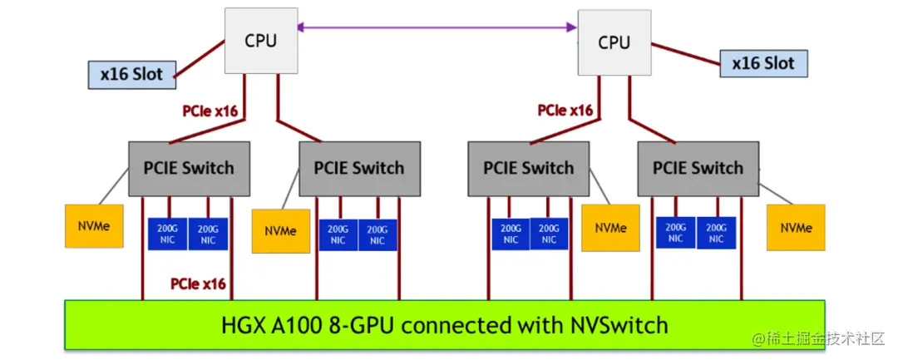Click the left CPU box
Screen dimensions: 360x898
pos(260,40)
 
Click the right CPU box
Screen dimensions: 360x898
pos(614,42)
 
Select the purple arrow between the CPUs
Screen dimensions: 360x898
pos(437,28)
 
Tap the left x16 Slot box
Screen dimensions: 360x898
pos(132,74)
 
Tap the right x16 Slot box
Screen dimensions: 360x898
pos(762,63)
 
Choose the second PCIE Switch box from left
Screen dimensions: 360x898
pos(358,168)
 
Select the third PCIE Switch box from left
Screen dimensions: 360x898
pos(528,168)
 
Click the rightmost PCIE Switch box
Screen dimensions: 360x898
pos(698,168)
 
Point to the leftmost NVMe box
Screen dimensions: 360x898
pos(88,226)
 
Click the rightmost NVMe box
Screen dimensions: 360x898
pos(796,227)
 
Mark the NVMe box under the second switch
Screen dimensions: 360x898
pos(280,230)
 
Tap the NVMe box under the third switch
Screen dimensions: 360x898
pos(610,227)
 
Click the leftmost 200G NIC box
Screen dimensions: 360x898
pos(168,234)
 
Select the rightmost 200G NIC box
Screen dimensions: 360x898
pos(716,233)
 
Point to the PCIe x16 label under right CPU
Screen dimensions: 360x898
pos(565,110)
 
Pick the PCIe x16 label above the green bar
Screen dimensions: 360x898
pos(198,284)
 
